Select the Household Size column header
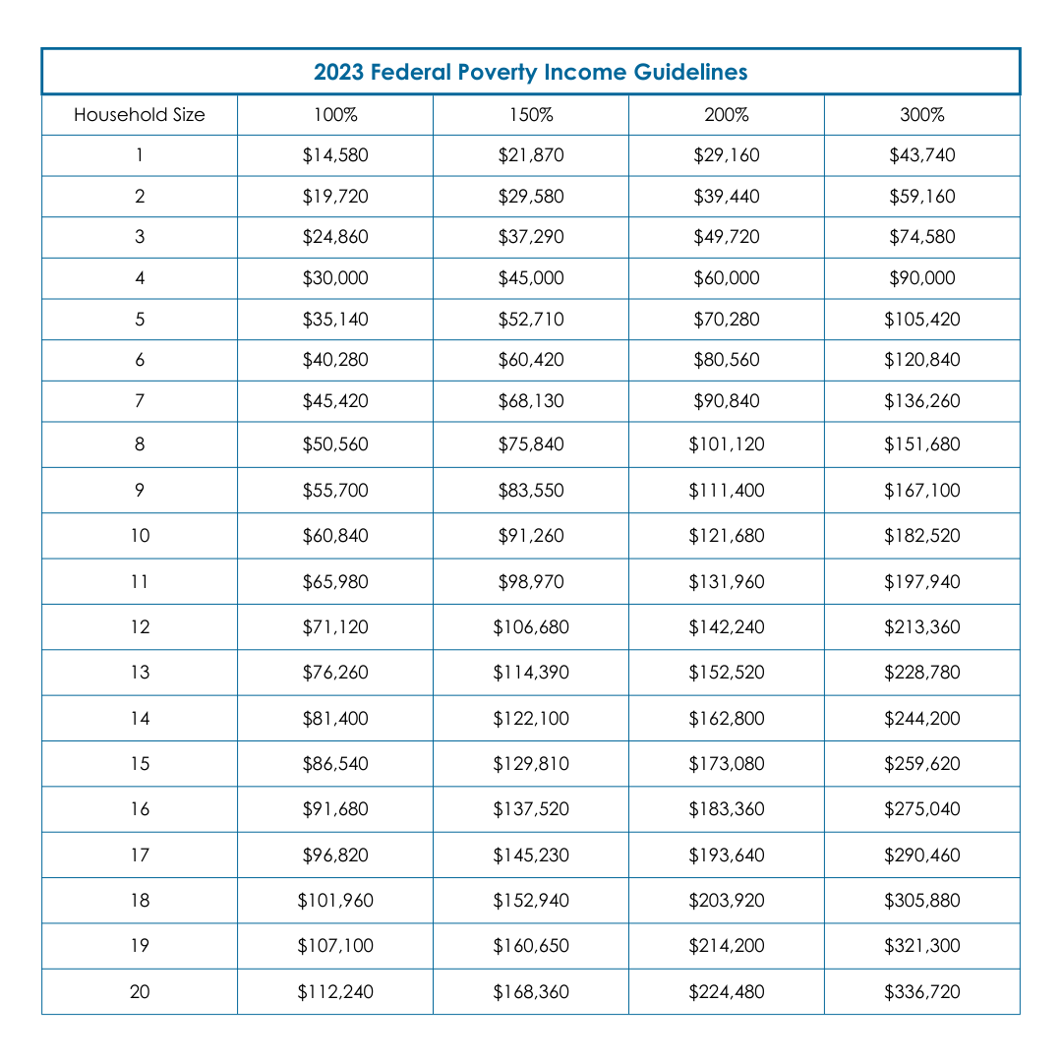140,115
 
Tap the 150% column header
531,115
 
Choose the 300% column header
922,115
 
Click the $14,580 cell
335,155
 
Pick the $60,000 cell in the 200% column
727,278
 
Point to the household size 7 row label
140,401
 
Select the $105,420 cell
922,320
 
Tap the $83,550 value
531,491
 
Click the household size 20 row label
140,992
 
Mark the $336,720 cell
922,992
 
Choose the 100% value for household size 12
335,627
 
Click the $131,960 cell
727,582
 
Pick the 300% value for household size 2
922,197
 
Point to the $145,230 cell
531,855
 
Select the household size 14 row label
140,719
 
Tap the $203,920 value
727,901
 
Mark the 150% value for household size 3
531,237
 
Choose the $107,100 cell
335,946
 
